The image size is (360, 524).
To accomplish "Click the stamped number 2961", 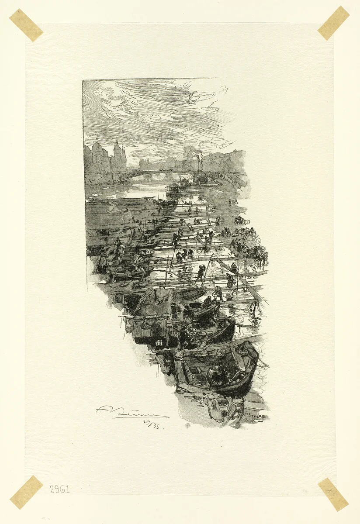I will (x=59, y=489).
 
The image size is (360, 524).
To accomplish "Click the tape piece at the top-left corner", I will (x=26, y=25).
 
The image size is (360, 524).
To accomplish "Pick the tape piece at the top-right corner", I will (x=333, y=23).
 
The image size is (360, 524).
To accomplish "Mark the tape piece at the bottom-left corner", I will (x=26, y=492).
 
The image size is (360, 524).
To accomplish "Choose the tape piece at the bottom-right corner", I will (x=333, y=494).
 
